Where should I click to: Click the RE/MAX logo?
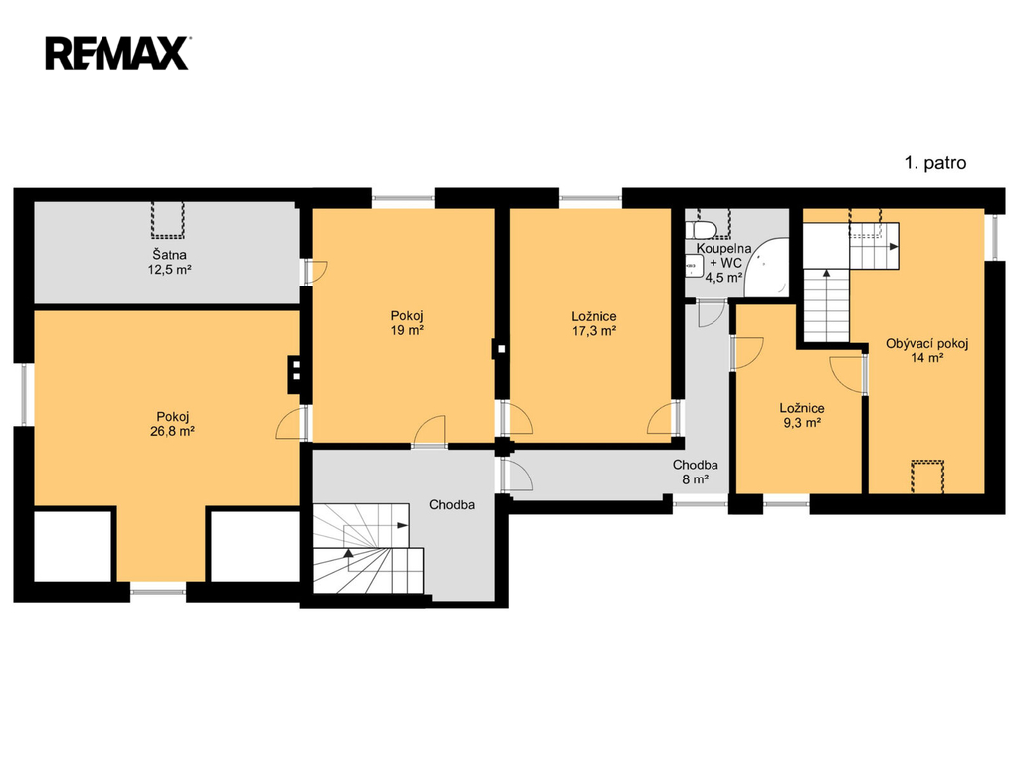(x=117, y=54)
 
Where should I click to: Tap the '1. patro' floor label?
(x=935, y=163)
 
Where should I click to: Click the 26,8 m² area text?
(x=173, y=431)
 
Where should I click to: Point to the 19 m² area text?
(x=407, y=330)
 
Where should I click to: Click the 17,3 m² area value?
(x=594, y=330)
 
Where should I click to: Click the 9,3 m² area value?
(x=802, y=423)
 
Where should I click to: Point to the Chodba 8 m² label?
(x=695, y=473)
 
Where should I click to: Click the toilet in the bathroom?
(x=702, y=229)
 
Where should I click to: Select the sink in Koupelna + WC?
(x=695, y=265)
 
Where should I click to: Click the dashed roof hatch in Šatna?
(x=168, y=220)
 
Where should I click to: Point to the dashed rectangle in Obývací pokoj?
(x=927, y=477)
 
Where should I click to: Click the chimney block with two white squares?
(x=296, y=375)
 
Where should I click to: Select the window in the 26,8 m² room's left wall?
(x=24, y=394)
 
